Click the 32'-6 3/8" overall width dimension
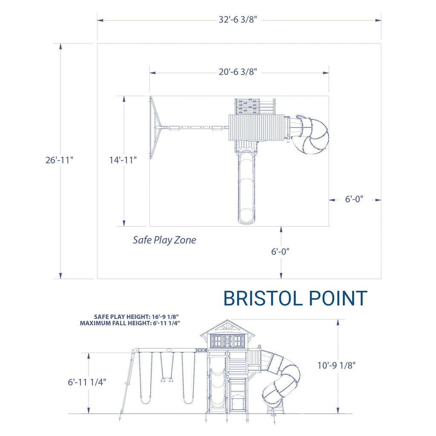pyautogui.click(x=238, y=20)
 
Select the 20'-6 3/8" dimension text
pyautogui.click(x=238, y=72)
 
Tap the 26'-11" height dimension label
pyautogui.click(x=60, y=161)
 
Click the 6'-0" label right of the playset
pyautogui.click(x=354, y=199)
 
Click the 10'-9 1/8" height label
pyautogui.click(x=336, y=365)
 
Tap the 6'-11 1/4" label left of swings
pyautogui.click(x=87, y=382)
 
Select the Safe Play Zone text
pyautogui.click(x=164, y=240)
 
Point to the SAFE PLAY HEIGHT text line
pyautogui.click(x=136, y=317)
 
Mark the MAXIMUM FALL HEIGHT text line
pyautogui.click(x=130, y=323)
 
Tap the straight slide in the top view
pyautogui.click(x=247, y=187)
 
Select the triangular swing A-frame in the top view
pyautogui.click(x=154, y=127)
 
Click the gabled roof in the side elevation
pyautogui.click(x=227, y=327)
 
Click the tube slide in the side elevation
pyautogui.click(x=281, y=379)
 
